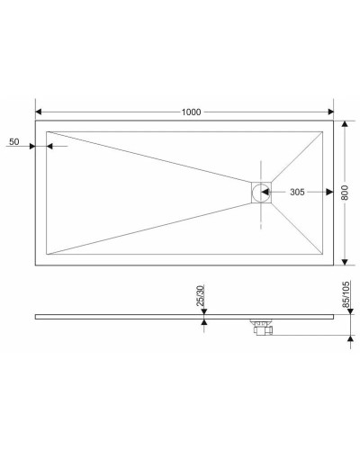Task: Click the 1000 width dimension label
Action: pyautogui.click(x=190, y=112)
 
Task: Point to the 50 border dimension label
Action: pyautogui.click(x=13, y=142)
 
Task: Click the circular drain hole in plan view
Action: pyautogui.click(x=261, y=192)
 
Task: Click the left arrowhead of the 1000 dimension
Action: pyautogui.click(x=39, y=112)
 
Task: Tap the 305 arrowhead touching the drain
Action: pyautogui.click(x=271, y=192)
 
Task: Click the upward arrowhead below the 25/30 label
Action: pyautogui.click(x=204, y=321)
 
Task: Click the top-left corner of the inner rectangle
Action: pyautogui.click(x=46, y=130)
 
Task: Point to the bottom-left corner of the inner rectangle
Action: pyautogui.click(x=46, y=255)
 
